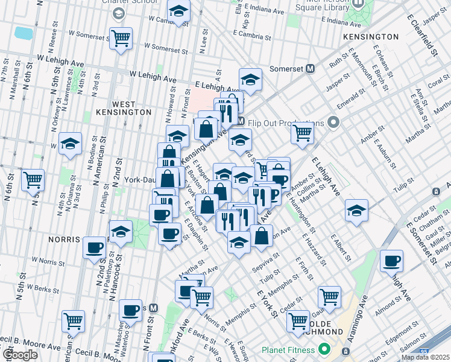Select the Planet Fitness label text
pyautogui.click(x=288, y=350)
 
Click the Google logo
pyautogui.click(x=20, y=355)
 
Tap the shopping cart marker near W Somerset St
pyautogui.click(x=121, y=39)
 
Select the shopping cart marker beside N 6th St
pyautogui.click(x=33, y=179)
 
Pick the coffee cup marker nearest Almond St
pyautogui.click(x=392, y=261)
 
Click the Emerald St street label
pyautogui.click(x=348, y=104)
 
